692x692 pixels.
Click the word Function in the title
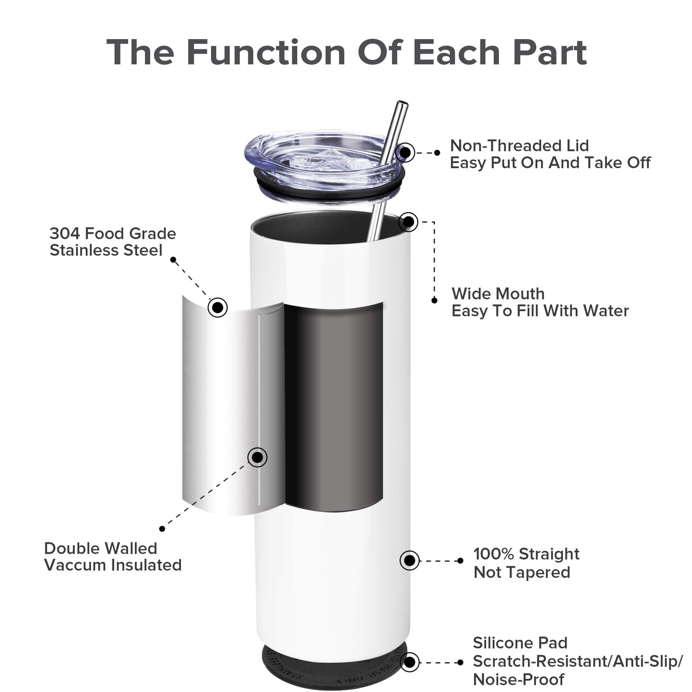[x=266, y=53]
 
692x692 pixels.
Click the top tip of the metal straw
[x=403, y=104]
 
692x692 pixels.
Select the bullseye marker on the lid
[x=405, y=153]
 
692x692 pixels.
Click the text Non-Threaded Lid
[x=520, y=146]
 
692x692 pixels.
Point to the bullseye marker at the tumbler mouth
[x=408, y=222]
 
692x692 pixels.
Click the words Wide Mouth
[x=498, y=294]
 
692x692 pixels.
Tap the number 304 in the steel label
[x=64, y=234]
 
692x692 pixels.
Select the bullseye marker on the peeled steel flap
[x=217, y=307]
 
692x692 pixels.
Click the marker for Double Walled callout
[x=257, y=457]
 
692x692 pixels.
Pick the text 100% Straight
[x=526, y=554]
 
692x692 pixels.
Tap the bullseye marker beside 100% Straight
[x=409, y=560]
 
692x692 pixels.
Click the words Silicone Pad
[x=520, y=643]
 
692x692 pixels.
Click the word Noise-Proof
[x=518, y=680]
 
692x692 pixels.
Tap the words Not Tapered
[x=522, y=573]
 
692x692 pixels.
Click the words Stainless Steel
[x=106, y=250]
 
